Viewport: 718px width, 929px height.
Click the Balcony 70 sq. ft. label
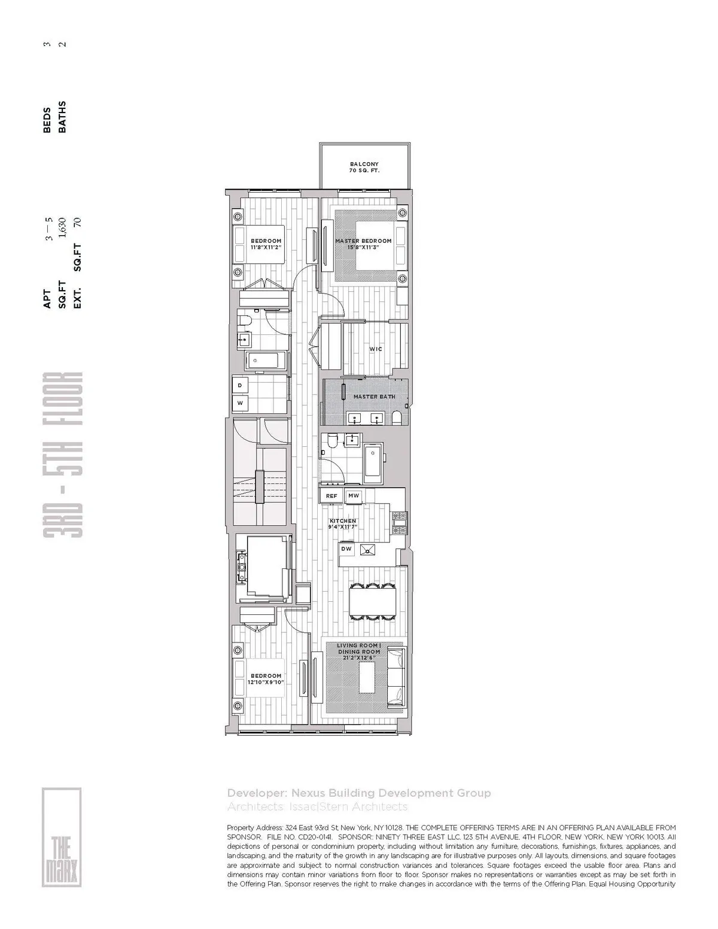point(364,167)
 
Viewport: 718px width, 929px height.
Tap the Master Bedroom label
point(363,244)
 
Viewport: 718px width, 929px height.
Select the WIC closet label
point(376,349)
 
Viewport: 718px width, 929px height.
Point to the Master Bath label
point(374,397)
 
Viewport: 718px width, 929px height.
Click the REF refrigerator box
point(331,496)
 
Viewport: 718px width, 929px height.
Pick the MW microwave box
point(354,496)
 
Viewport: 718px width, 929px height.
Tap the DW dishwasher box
point(346,549)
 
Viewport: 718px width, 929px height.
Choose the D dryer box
point(240,385)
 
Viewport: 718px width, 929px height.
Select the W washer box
point(240,403)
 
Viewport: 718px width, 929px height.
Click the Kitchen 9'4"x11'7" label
point(343,524)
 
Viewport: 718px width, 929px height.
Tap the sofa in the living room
point(395,678)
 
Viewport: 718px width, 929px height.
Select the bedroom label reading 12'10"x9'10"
point(266,679)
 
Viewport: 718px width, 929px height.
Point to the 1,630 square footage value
point(62,228)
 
